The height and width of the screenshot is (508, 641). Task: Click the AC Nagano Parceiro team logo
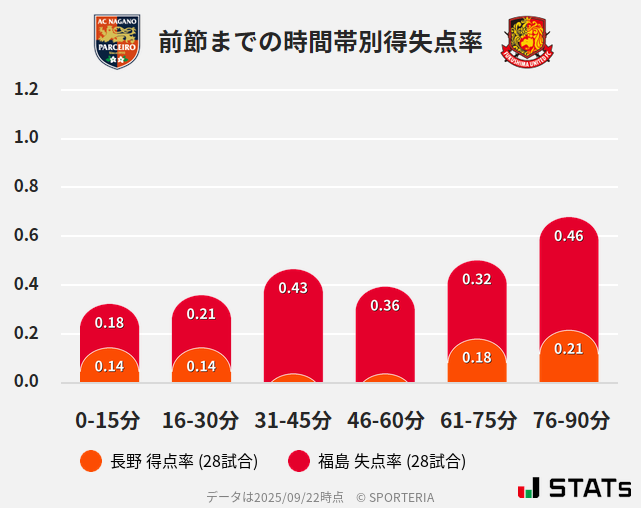coord(117,41)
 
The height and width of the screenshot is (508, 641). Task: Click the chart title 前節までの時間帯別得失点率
coord(320,42)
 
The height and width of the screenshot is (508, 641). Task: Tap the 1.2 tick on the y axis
coord(27,89)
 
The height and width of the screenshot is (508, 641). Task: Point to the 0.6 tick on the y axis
coord(27,236)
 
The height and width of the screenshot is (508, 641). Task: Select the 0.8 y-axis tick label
coord(27,187)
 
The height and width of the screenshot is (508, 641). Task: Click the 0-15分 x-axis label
coord(109,419)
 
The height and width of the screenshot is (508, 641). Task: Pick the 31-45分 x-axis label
coord(293,419)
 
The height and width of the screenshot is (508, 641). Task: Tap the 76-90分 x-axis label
coord(569,419)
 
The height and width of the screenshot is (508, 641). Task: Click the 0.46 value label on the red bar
coord(569,236)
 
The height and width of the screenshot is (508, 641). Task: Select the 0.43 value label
coord(293,288)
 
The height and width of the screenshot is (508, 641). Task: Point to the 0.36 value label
coord(385,305)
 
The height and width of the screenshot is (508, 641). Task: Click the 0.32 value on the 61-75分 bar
coord(477,279)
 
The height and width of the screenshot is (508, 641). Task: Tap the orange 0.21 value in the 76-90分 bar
coord(569,349)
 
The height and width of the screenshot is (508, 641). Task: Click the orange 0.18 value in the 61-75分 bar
coord(477,358)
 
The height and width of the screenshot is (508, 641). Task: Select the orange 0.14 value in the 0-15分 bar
coord(109,366)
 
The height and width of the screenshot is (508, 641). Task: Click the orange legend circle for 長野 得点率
coord(90,461)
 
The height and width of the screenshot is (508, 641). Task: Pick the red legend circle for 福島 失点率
coord(298,461)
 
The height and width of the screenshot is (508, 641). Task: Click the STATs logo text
coord(589,488)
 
